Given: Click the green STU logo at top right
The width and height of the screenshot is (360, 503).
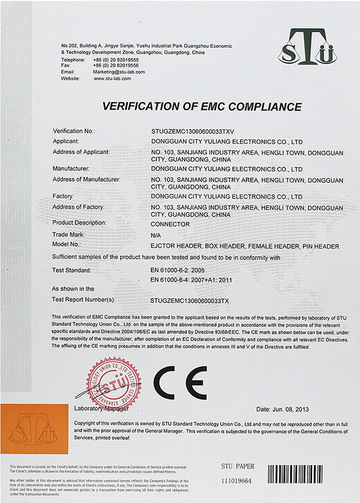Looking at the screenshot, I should pos(306,49).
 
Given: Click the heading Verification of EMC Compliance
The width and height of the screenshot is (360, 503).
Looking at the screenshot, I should pos(202,107).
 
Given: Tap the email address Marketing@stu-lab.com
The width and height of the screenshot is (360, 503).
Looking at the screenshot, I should pos(119,72).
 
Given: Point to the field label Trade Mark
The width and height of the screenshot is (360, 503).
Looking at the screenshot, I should pos(68,234).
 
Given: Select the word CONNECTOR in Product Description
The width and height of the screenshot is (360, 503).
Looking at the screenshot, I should pos(170,224).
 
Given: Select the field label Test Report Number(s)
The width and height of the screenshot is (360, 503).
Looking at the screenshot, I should pos(83,298).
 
